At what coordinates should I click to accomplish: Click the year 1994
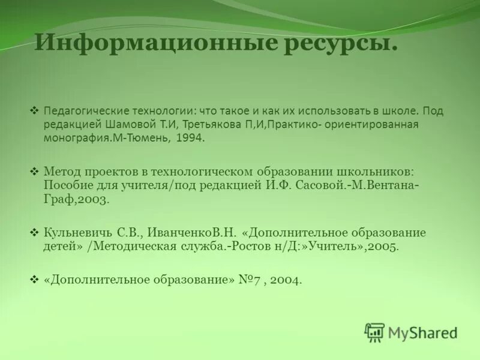pyautogui.click(x=191, y=137)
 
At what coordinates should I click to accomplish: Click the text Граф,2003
pyautogui.click(x=76, y=200)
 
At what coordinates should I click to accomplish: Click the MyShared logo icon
pyautogui.click(x=374, y=332)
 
